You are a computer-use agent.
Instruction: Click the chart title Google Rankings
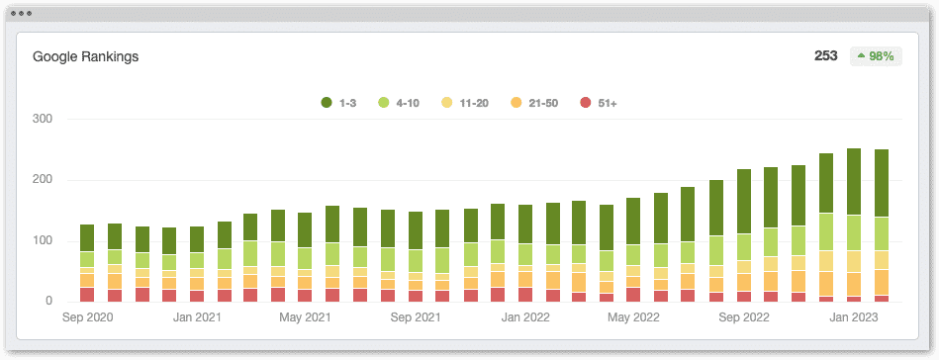[85, 56]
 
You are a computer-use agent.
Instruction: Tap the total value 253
[825, 56]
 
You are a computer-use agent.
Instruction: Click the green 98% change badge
[876, 56]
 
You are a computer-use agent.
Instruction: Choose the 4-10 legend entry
[400, 103]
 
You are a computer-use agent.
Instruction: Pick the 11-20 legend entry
[465, 103]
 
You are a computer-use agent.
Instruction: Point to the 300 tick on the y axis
[43, 119]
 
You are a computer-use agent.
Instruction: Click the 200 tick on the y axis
[43, 180]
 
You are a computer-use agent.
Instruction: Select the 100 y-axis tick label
[43, 240]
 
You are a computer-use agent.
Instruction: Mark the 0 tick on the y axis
[48, 301]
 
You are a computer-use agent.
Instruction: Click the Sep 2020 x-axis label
[87, 318]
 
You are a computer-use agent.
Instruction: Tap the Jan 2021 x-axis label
[196, 318]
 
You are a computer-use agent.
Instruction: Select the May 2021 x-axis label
[305, 318]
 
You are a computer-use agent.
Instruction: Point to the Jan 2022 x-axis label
[524, 318]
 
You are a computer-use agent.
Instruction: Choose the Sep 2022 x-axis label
[743, 318]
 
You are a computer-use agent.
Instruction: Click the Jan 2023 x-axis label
[852, 318]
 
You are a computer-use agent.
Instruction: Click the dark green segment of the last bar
[880, 183]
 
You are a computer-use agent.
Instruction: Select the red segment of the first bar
[87, 294]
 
